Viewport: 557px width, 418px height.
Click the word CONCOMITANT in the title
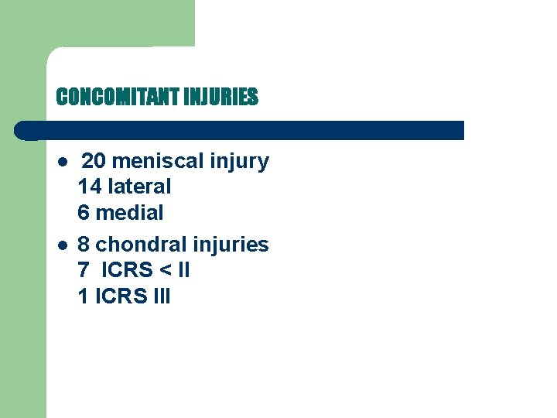click(x=114, y=97)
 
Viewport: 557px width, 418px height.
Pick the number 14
click(x=90, y=187)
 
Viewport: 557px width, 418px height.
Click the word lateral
click(x=140, y=187)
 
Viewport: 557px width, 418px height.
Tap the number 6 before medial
click(x=84, y=212)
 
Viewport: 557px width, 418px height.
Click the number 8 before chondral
click(x=84, y=245)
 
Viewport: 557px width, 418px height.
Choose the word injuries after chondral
click(x=231, y=245)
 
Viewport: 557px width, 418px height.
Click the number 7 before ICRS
click(x=84, y=270)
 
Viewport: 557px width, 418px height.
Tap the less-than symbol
click(x=163, y=271)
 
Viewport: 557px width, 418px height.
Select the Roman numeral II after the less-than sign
click(x=184, y=270)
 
